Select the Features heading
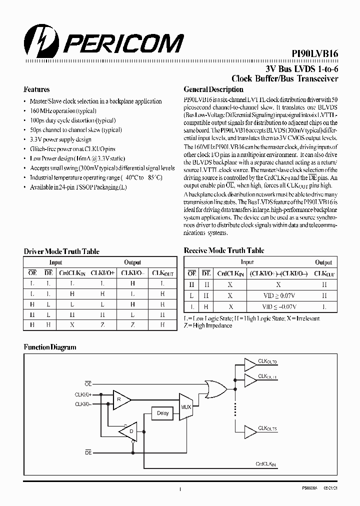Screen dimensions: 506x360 pyautogui.click(x=36, y=90)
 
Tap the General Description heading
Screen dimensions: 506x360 pyautogui.click(x=213, y=90)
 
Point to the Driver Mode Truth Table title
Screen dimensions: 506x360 pyautogui.click(x=61, y=251)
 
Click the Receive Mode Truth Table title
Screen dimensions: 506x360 pyautogui.click(x=224, y=250)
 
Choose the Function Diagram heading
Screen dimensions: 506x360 pyautogui.click(x=50, y=347)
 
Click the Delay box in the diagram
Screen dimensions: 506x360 pyautogui.click(x=163, y=413)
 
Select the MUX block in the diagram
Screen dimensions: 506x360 pyautogui.click(x=186, y=407)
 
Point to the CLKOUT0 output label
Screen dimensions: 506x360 pyautogui.click(x=267, y=361)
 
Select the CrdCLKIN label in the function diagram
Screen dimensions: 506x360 pyautogui.click(x=265, y=465)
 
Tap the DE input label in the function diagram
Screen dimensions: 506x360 pyautogui.click(x=88, y=451)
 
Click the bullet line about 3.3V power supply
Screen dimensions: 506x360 pyautogui.click(x=60, y=139)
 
